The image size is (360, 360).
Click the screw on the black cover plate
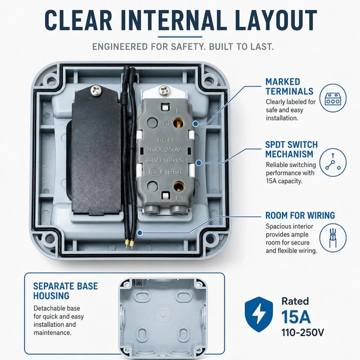96,89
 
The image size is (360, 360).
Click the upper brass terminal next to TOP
178,123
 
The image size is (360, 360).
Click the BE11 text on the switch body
165,140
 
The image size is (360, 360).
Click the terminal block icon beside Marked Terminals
333,98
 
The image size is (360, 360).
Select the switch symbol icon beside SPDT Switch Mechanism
333,163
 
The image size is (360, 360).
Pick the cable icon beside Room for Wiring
333,237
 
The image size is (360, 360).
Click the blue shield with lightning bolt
259,314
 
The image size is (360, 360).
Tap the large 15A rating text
296,317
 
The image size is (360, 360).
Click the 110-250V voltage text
303,332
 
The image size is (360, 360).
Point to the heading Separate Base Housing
66,291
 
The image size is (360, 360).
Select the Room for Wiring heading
300,215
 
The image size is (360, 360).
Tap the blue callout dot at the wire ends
139,233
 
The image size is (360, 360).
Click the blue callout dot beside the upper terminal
195,124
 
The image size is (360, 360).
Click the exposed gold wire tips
129,244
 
